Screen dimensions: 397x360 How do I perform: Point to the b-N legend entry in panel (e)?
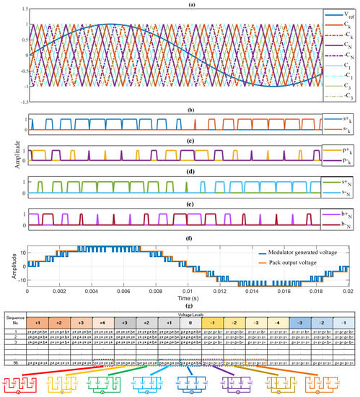point(340,205)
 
